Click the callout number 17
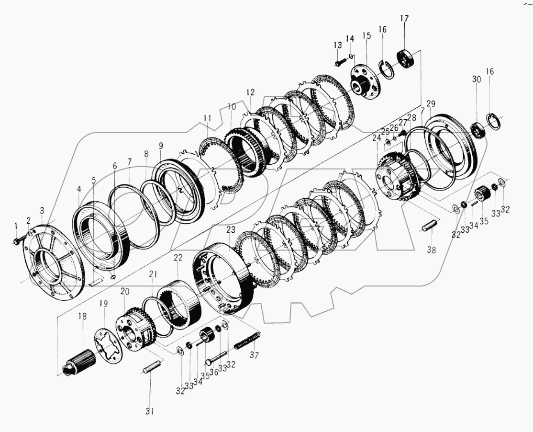[404, 19]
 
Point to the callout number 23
[232, 229]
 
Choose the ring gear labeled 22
[180, 302]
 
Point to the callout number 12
[251, 92]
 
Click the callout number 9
[161, 145]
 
